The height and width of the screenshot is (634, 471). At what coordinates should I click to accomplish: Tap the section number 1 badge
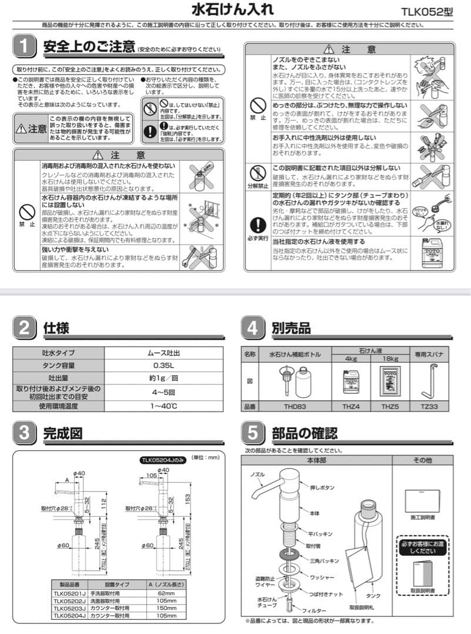[24, 46]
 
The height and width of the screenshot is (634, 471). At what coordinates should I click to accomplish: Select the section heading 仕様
[56, 328]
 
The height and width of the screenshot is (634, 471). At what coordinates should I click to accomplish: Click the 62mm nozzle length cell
[163, 593]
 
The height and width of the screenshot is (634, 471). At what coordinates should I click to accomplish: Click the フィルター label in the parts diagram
[315, 612]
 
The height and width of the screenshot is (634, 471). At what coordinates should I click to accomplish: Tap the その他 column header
[422, 460]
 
